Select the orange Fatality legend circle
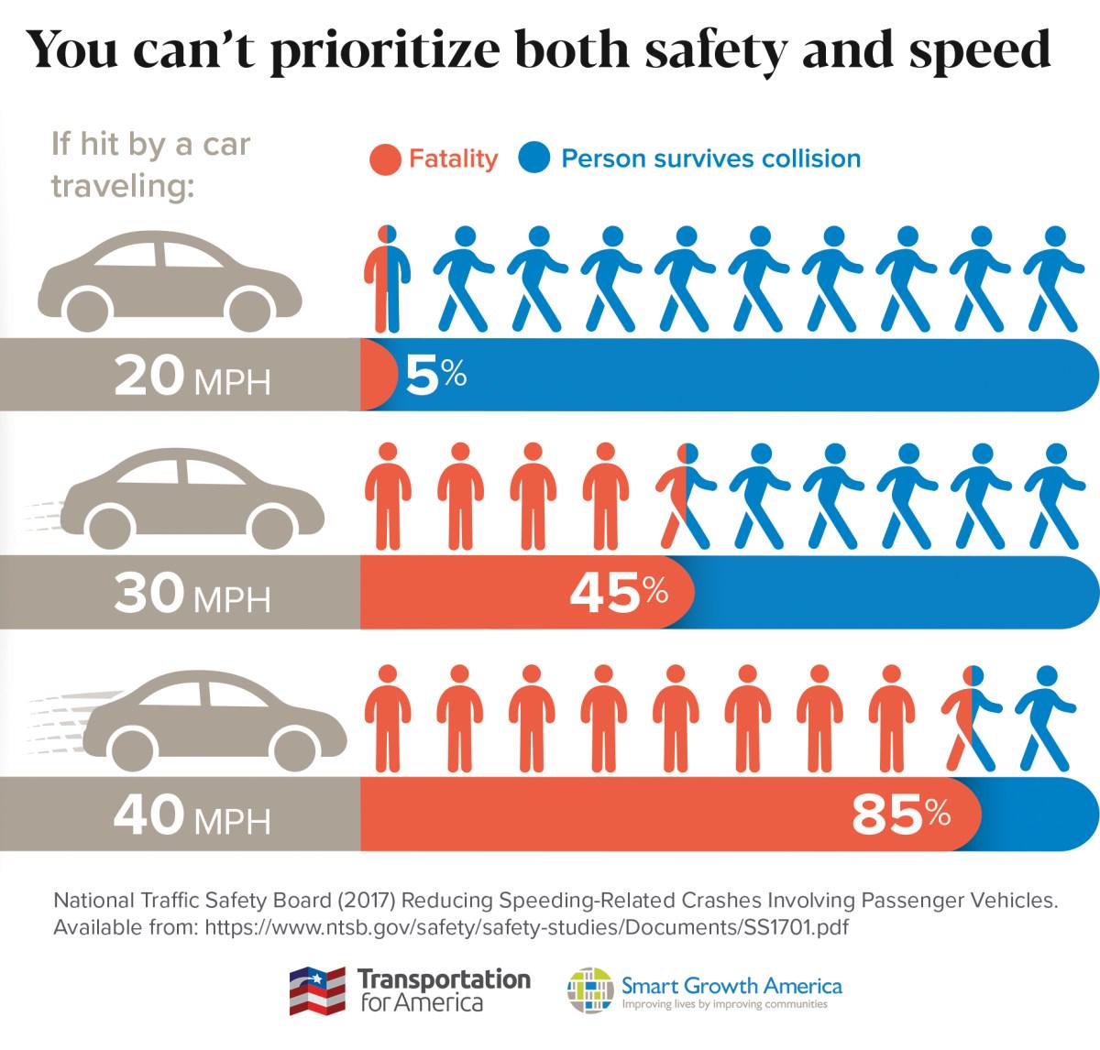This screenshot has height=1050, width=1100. click(385, 159)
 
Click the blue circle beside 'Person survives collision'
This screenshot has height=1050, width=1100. click(534, 159)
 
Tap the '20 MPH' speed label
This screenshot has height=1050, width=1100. click(192, 377)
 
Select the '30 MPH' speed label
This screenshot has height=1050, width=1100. click(192, 595)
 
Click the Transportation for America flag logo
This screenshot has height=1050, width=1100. click(317, 990)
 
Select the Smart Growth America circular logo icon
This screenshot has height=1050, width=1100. click(590, 990)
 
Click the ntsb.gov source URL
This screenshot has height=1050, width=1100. click(526, 927)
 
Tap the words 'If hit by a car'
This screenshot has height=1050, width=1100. click(151, 144)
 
